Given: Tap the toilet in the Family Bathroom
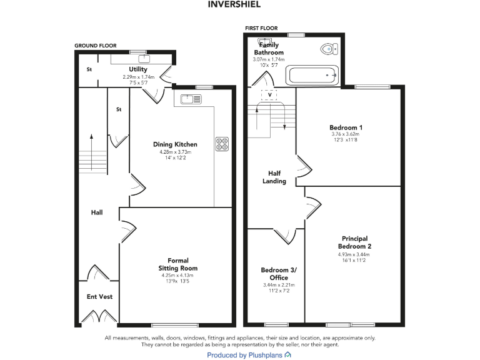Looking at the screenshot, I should [327, 48].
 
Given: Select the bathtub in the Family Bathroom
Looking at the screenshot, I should [312, 76].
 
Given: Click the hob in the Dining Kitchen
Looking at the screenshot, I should [222, 143].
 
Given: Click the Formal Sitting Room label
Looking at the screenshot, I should [177, 264].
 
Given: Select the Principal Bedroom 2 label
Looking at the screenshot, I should [354, 242].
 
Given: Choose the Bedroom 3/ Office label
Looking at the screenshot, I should [279, 274].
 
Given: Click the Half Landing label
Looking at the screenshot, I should [277, 177].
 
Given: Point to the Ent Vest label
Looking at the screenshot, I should [99, 296].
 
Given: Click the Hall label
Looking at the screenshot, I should [97, 212].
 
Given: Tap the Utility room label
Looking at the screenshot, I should [137, 69].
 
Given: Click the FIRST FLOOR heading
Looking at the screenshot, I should [261, 28].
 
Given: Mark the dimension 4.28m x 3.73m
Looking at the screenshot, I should [175, 151].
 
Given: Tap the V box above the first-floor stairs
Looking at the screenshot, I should [269, 95].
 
